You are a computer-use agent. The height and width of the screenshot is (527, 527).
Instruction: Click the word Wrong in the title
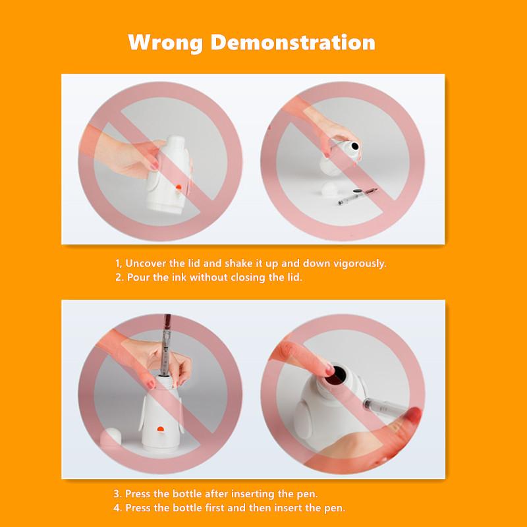point(165,43)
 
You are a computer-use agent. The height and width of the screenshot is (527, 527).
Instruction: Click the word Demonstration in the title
point(292,42)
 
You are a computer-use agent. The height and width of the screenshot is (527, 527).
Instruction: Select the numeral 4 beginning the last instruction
point(117,508)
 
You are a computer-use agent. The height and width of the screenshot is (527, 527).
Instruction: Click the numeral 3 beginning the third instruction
point(117,493)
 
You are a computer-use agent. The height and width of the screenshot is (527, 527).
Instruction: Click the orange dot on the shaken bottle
point(179,187)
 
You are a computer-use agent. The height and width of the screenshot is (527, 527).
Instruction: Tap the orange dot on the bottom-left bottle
point(161,429)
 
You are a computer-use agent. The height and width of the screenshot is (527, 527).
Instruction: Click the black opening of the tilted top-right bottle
point(355,146)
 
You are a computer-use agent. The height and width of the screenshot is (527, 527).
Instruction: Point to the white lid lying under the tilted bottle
point(330,189)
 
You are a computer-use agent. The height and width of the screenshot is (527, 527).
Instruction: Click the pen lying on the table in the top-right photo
point(358,196)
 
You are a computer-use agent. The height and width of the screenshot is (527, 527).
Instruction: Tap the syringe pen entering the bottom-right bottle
point(383,406)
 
